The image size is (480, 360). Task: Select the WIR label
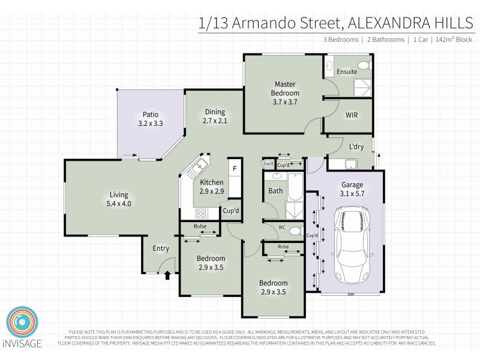352,115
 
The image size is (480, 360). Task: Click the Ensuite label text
347,71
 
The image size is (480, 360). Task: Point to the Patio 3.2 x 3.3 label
150,119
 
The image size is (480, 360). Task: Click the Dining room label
214,116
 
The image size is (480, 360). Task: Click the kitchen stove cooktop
200,212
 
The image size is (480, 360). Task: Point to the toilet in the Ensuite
363,65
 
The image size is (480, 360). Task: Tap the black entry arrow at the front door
167,275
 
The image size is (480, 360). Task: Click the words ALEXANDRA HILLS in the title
410,23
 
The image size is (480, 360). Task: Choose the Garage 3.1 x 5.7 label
353,189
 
